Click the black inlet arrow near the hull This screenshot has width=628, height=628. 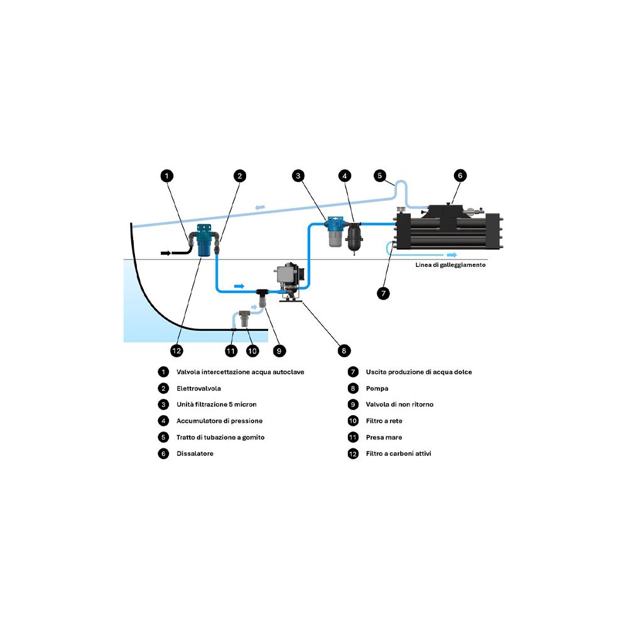pos(166,253)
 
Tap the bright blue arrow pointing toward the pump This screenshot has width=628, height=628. pos(239,286)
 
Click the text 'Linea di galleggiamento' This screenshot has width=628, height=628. pos(450,265)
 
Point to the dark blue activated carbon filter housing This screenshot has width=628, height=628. pos(204,242)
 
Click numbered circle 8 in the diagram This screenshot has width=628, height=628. pos(343,350)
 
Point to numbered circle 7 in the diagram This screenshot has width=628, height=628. pos(384,293)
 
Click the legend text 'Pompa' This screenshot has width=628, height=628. pos(377,388)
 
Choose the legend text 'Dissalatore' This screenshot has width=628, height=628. pos(195,453)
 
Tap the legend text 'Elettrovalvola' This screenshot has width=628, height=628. pos(198,388)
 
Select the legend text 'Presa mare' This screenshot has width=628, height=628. pos(384,437)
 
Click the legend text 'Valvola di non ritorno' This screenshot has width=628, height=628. pos(399,404)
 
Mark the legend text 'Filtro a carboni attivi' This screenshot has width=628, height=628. pos(398,453)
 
